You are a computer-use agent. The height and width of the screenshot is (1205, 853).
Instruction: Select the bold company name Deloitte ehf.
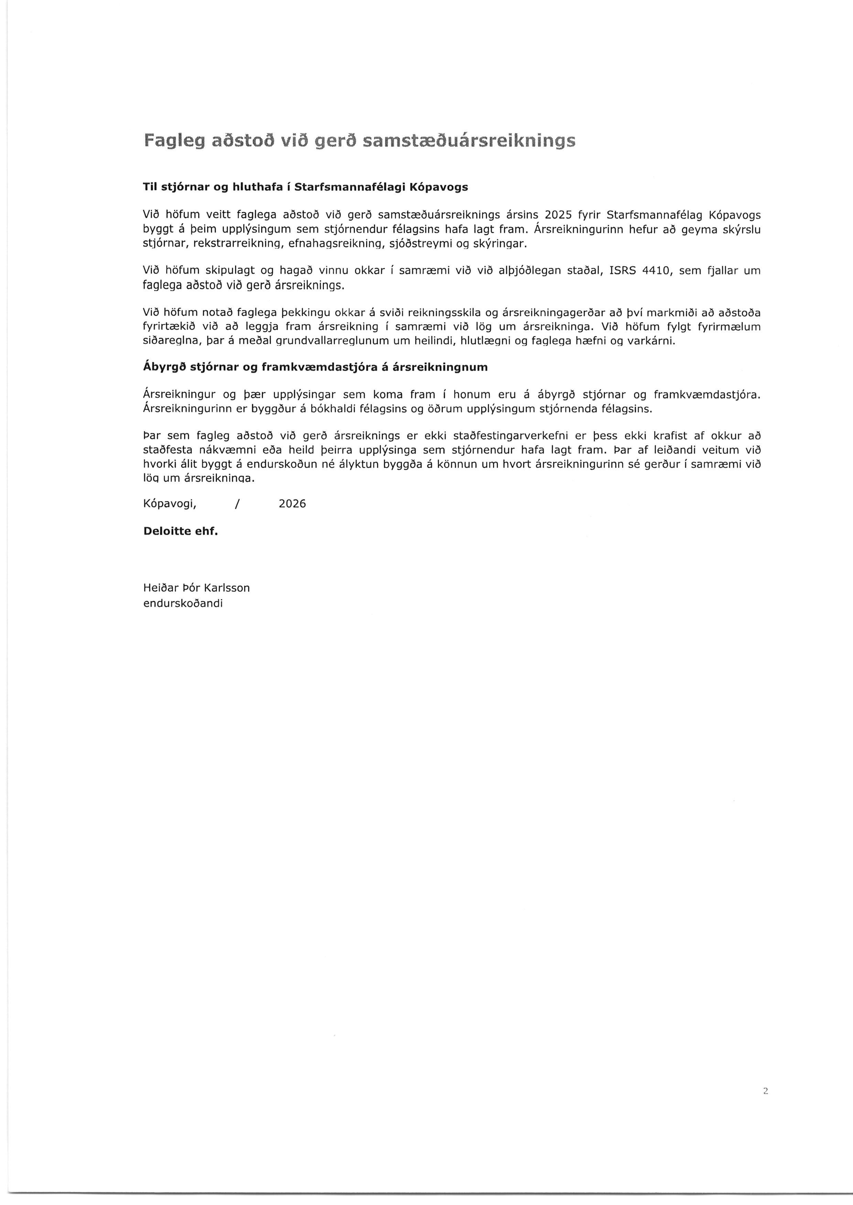[x=180, y=531]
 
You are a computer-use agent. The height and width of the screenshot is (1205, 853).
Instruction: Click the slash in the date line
[x=238, y=504]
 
